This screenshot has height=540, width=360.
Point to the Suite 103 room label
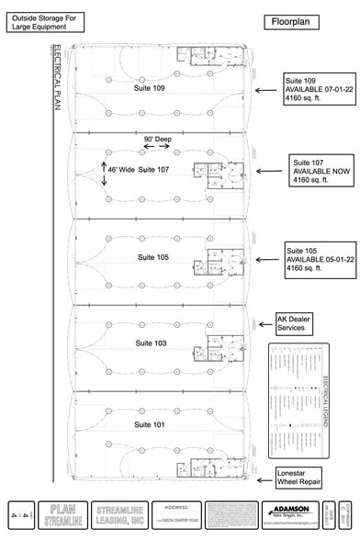(152, 342)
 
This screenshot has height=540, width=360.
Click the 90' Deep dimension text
(158, 140)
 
